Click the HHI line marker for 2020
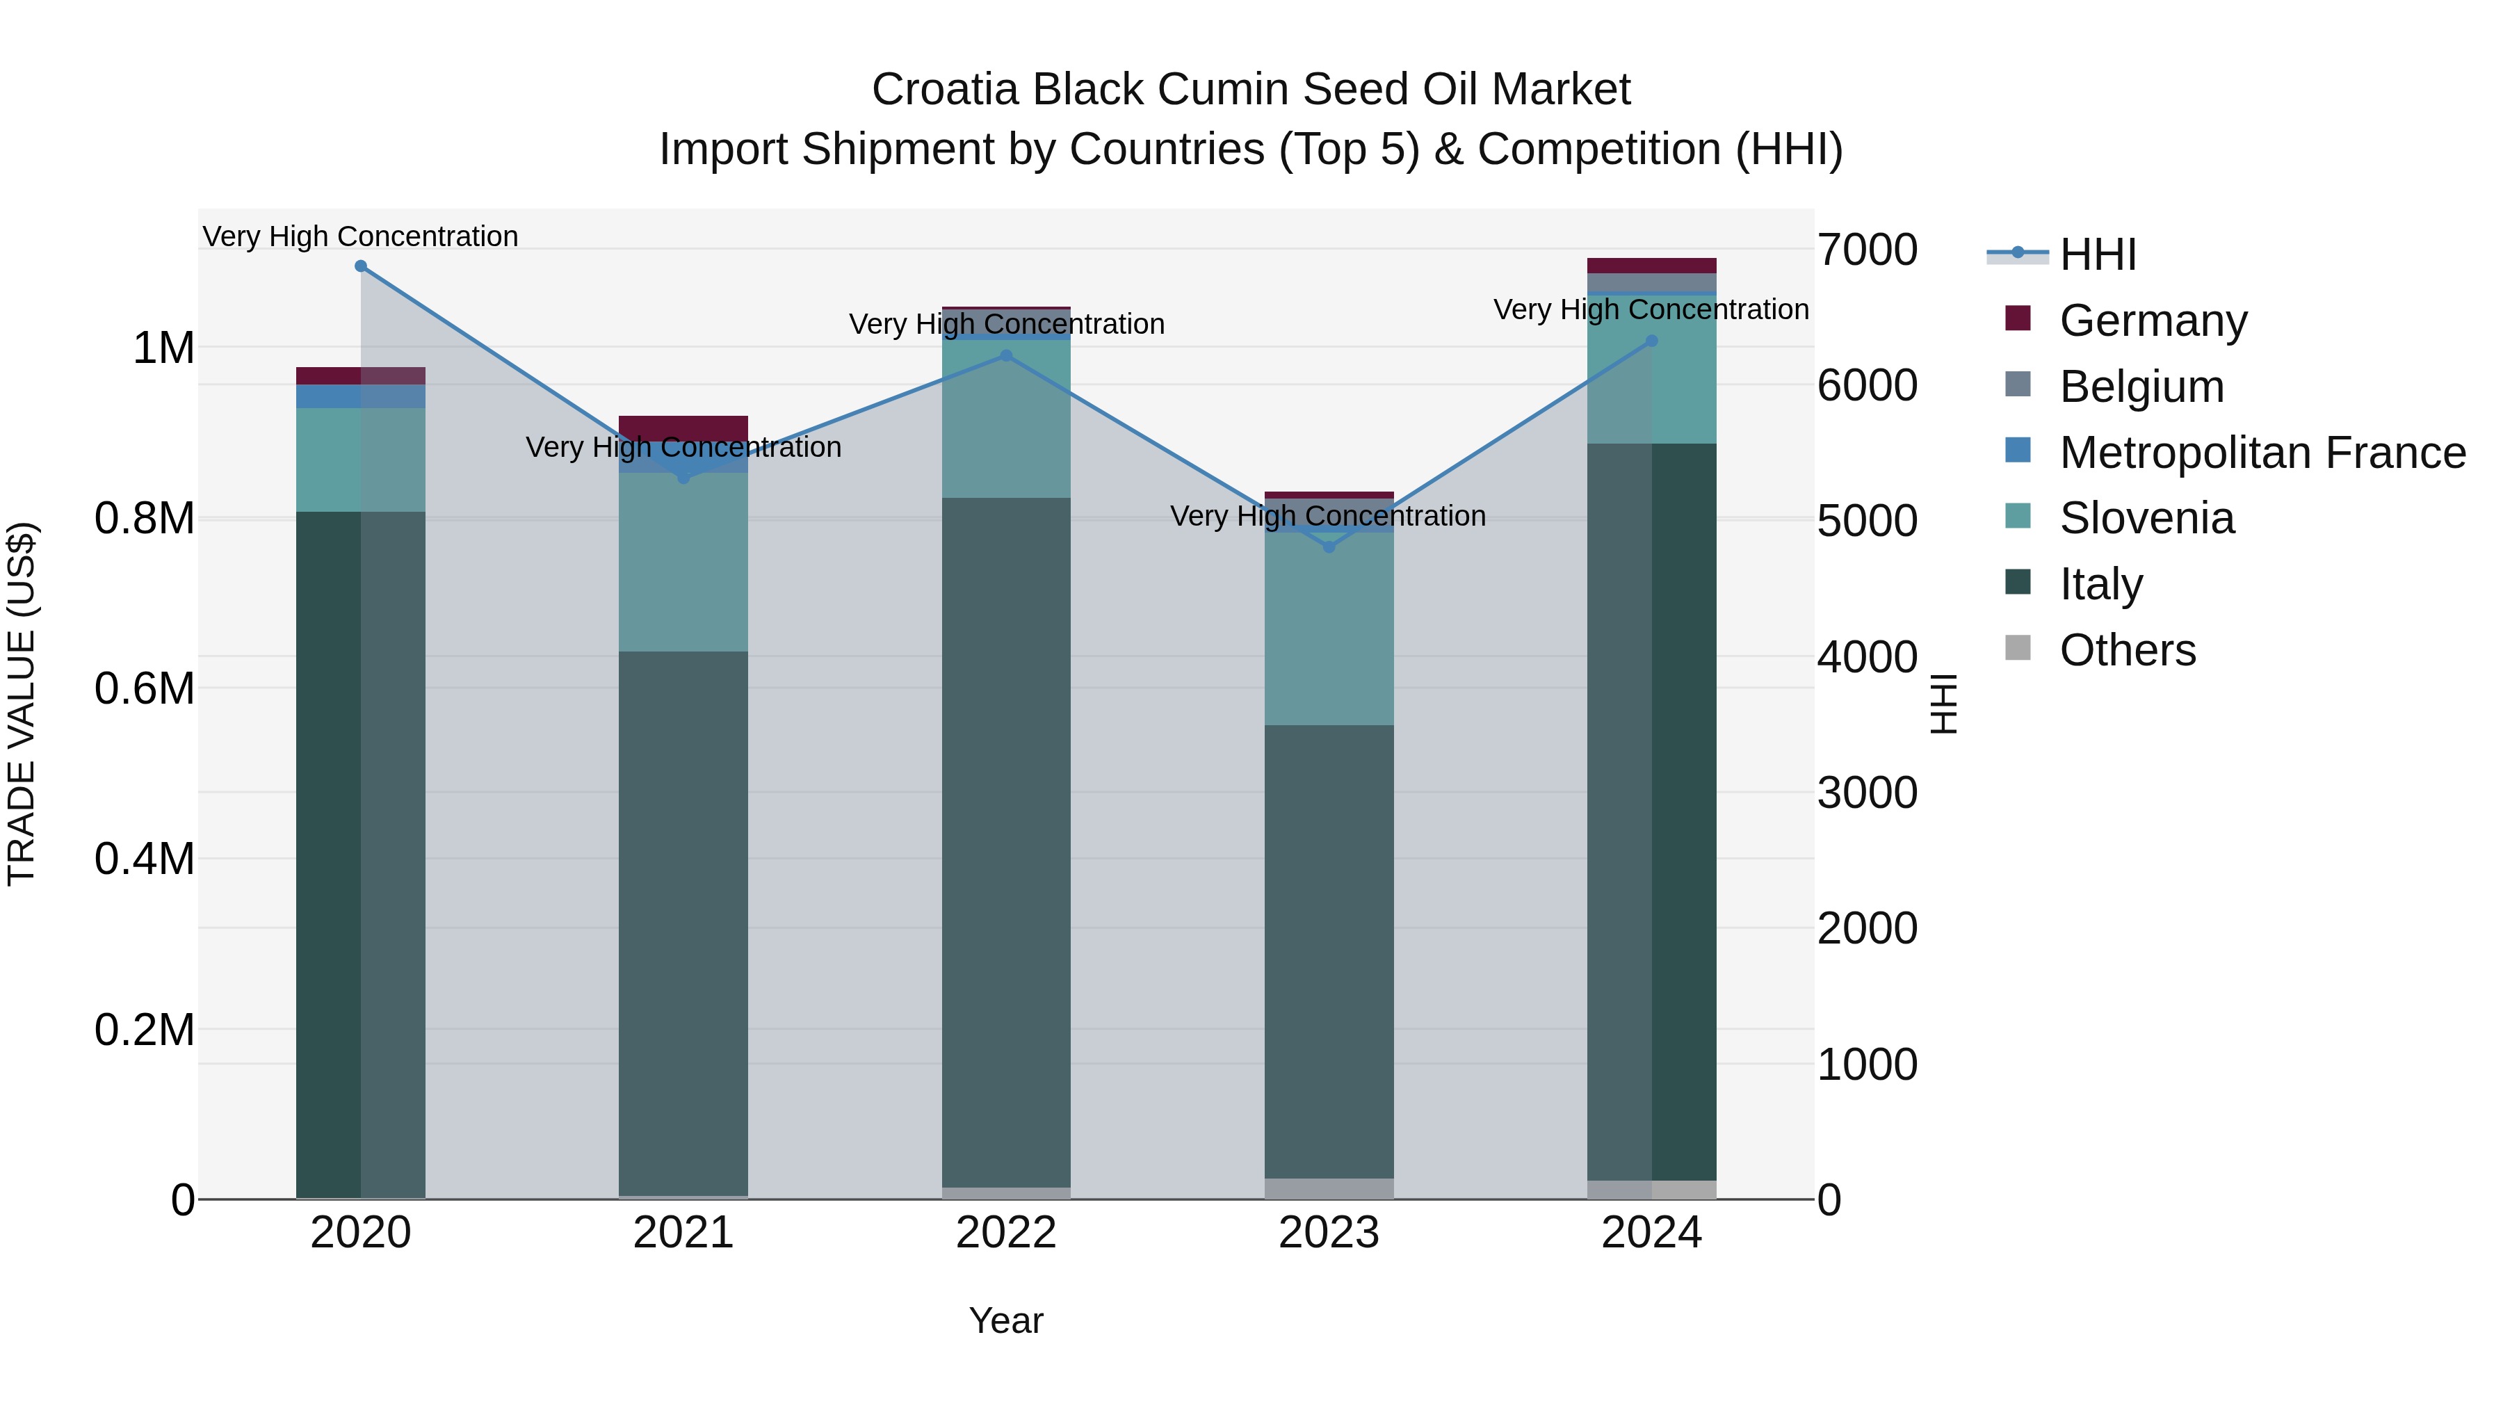[x=360, y=266]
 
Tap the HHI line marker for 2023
[x=1329, y=547]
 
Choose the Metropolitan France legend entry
[x=2262, y=453]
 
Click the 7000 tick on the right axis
[x=1867, y=250]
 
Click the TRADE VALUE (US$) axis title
[x=22, y=704]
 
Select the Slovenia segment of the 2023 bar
[x=1329, y=629]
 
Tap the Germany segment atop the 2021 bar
[x=683, y=427]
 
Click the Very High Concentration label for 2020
[x=360, y=237]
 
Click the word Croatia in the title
[x=946, y=90]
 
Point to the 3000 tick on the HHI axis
[x=1867, y=793]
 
